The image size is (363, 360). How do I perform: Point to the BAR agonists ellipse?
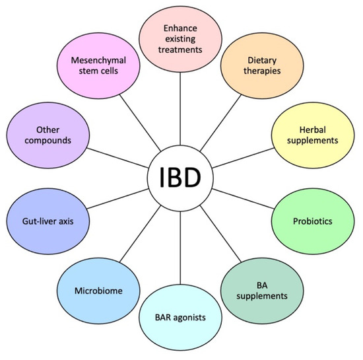(x=180, y=318)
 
